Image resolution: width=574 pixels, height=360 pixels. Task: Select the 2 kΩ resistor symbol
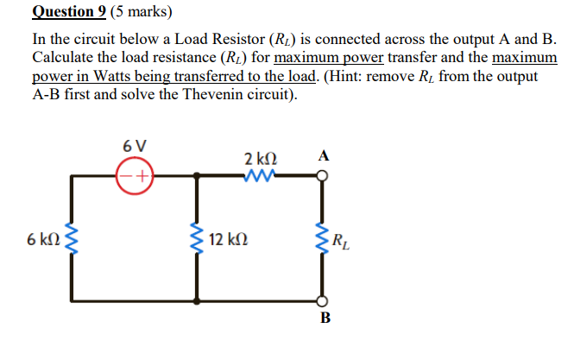click(260, 175)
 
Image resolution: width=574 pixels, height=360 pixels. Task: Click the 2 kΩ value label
click(260, 159)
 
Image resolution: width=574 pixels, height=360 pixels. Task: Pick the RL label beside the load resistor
click(342, 239)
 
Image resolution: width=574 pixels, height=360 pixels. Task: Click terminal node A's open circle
click(323, 175)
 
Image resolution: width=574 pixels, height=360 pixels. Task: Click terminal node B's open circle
click(323, 301)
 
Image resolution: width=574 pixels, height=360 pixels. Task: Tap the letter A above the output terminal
click(323, 156)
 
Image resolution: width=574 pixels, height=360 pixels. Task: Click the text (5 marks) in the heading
click(145, 12)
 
